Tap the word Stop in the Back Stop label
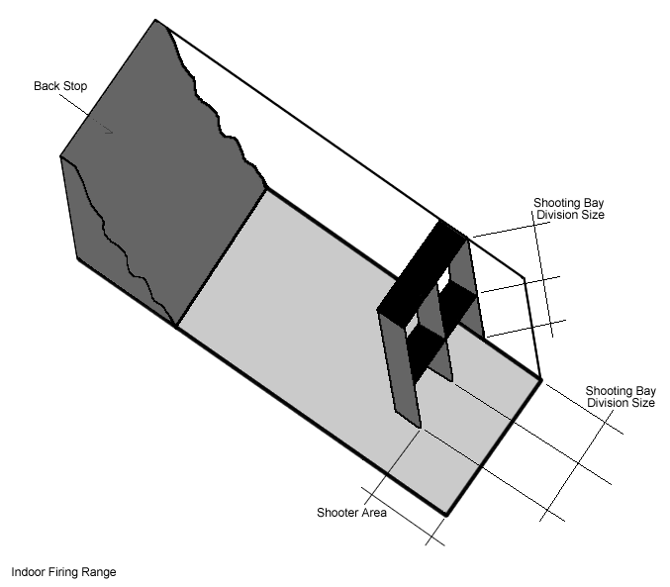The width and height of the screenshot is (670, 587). (x=74, y=86)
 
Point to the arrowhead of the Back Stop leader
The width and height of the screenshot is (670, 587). (x=111, y=131)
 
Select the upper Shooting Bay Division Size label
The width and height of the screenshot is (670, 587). (x=569, y=209)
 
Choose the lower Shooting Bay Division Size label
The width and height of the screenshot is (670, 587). (x=621, y=397)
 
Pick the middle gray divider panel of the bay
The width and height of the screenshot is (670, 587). (x=436, y=337)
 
